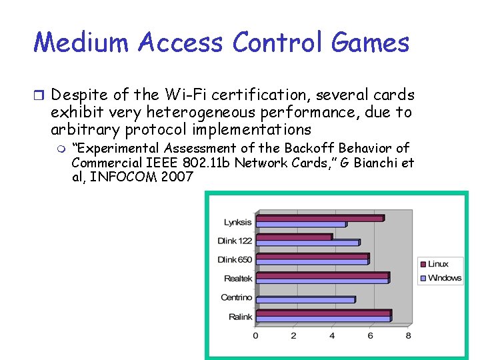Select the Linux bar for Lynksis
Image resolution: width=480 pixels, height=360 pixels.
click(x=320, y=218)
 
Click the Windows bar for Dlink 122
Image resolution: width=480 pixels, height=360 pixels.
click(x=308, y=243)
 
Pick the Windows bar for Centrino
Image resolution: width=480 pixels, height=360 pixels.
click(x=305, y=300)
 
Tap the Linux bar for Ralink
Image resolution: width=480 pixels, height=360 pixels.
click(x=323, y=313)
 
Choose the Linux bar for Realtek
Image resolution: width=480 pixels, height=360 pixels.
click(x=322, y=275)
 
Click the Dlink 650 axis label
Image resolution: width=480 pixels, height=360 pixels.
click(x=235, y=259)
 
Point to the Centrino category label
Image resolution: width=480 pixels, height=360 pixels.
click(x=237, y=297)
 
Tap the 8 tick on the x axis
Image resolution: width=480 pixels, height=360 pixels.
click(x=408, y=335)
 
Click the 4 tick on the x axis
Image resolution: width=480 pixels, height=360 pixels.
click(x=332, y=335)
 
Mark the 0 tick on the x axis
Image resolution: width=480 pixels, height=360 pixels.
click(x=256, y=335)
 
